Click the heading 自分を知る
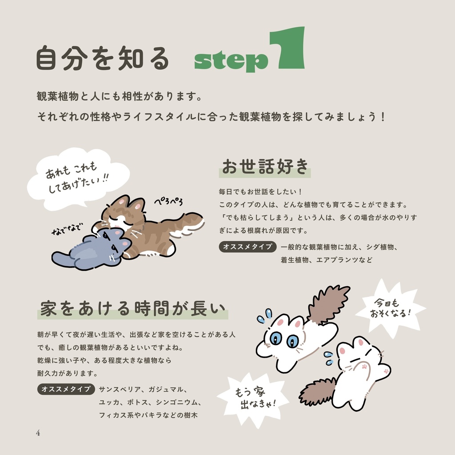(x=103, y=58)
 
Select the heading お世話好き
(x=265, y=167)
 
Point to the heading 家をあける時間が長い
(x=133, y=308)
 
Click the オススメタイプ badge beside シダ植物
(x=247, y=247)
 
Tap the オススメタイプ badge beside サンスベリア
(x=66, y=389)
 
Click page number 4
(x=38, y=433)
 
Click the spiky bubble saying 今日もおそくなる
(x=390, y=308)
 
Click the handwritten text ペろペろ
(x=168, y=201)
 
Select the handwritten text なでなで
(x=68, y=229)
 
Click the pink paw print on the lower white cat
(x=364, y=367)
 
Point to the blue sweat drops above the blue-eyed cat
(x=265, y=316)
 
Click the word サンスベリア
(x=120, y=389)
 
